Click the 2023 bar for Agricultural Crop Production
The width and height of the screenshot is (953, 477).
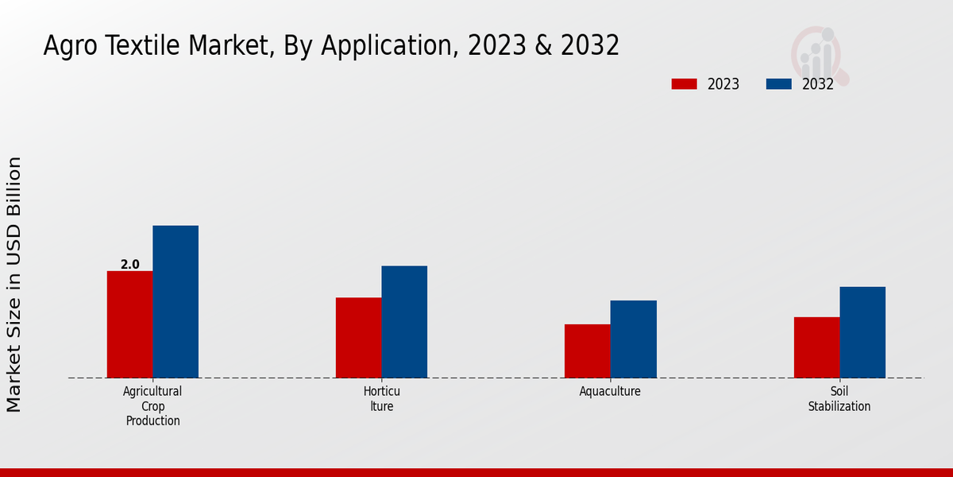pyautogui.click(x=129, y=324)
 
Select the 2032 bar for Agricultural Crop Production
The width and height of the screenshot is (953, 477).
pyautogui.click(x=176, y=302)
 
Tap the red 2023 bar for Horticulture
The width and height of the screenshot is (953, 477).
pyautogui.click(x=358, y=338)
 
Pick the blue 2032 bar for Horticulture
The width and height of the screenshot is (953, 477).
pyautogui.click(x=404, y=322)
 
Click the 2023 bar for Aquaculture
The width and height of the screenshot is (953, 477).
pyautogui.click(x=588, y=351)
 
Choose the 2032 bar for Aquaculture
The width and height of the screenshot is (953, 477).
pyautogui.click(x=634, y=339)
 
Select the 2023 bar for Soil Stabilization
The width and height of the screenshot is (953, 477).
pyautogui.click(x=816, y=347)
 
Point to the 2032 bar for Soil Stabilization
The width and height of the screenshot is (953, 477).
pyautogui.click(x=862, y=332)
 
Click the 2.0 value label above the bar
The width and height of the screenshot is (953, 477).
pyautogui.click(x=129, y=264)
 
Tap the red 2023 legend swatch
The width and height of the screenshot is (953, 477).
pyautogui.click(x=684, y=84)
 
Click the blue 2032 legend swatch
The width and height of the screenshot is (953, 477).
pyautogui.click(x=778, y=84)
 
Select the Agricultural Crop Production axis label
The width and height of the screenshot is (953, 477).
pyautogui.click(x=152, y=406)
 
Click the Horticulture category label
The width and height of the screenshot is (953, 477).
pyautogui.click(x=381, y=399)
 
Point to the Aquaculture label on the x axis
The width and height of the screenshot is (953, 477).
pyautogui.click(x=610, y=392)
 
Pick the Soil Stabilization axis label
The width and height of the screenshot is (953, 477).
pyautogui.click(x=839, y=399)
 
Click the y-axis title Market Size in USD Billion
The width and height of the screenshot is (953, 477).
pyautogui.click(x=14, y=285)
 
